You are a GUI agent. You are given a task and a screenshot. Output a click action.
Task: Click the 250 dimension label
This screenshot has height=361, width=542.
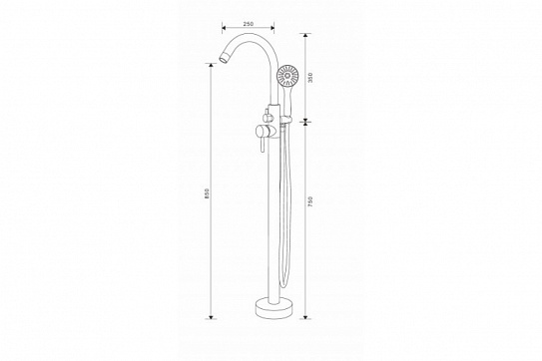pos(249,24)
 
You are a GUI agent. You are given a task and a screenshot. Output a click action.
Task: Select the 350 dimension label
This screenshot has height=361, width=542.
pos(310,77)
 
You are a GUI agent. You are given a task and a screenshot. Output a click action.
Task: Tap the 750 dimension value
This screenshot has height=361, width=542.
pos(310,201)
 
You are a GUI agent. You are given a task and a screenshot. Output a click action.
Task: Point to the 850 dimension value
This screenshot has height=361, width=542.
pos(207,192)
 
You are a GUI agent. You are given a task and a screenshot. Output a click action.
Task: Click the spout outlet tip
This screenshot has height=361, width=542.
pos(223,59)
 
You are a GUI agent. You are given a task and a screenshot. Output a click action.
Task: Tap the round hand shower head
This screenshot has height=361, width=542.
pos(287,76)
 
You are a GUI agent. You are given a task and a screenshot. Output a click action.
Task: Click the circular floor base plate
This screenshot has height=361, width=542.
pos(273,308)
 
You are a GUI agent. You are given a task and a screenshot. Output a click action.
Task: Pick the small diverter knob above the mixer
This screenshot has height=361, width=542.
pos(267,115)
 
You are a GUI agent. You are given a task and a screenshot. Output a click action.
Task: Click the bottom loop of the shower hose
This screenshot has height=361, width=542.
pos(283,282)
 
